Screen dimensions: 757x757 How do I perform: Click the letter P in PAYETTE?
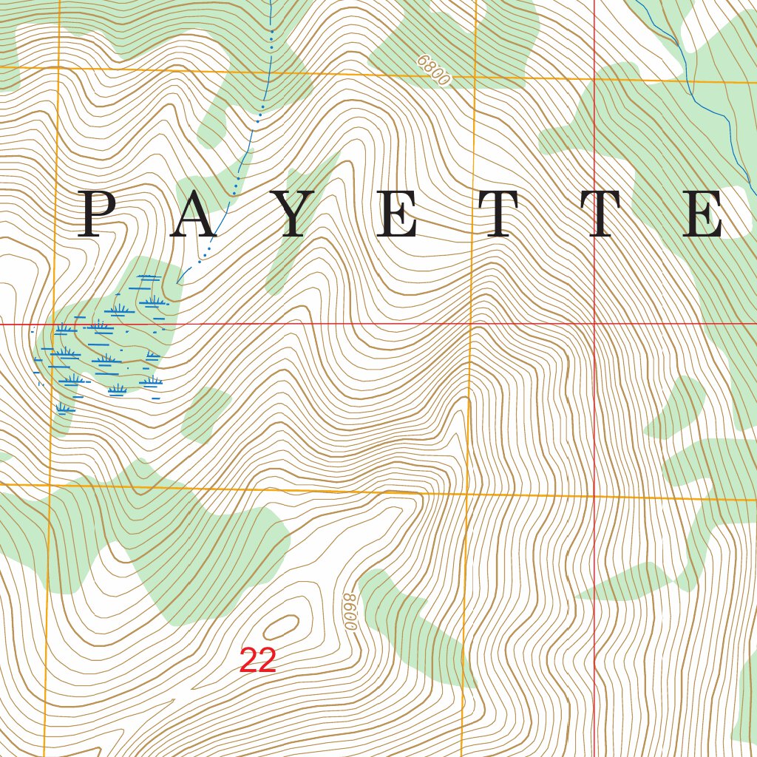click(101, 214)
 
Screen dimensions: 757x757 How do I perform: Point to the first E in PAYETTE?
click(400, 214)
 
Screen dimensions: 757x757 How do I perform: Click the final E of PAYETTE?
click(703, 214)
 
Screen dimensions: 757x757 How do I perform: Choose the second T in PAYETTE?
click(611, 214)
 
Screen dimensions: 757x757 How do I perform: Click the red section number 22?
click(257, 660)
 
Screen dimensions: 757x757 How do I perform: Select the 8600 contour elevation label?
click(350, 611)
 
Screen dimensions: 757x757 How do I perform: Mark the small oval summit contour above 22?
click(282, 627)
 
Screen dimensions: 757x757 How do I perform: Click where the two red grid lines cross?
click(595, 324)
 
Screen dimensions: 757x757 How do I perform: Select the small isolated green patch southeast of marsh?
click(206, 413)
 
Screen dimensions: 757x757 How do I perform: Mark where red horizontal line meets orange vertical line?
click(472, 324)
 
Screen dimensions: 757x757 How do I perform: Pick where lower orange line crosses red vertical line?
click(595, 496)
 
